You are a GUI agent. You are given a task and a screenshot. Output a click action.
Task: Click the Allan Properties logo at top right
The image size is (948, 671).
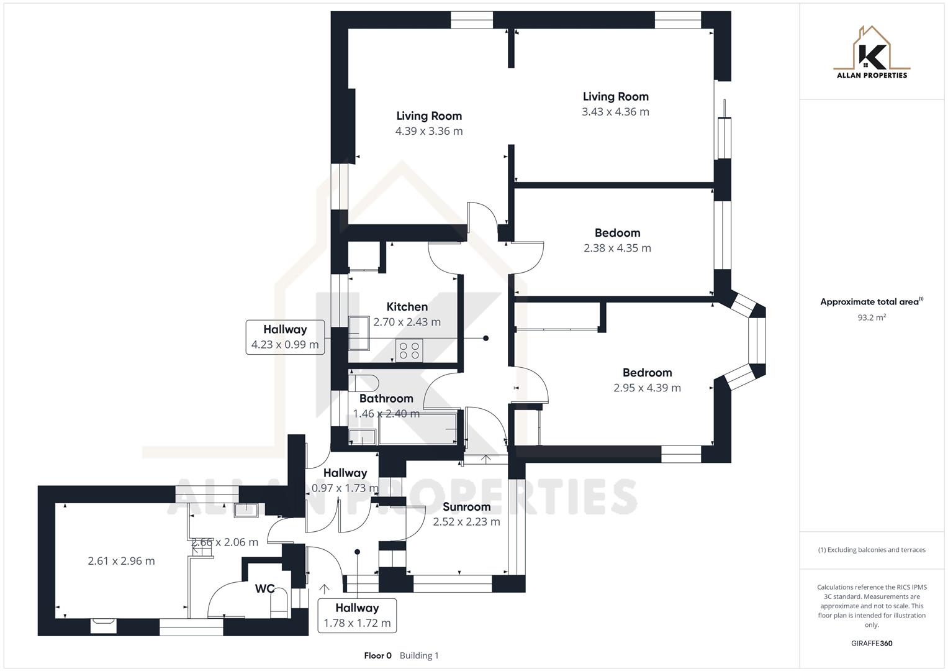point(872,53)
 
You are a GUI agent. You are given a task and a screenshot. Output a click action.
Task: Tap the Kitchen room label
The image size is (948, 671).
point(407,307)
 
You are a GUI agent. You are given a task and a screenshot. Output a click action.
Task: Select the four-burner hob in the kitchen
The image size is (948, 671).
point(409,350)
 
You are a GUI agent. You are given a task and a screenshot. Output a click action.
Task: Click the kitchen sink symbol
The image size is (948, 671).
point(359,334)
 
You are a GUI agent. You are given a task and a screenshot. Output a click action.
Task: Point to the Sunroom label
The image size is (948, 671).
point(466,507)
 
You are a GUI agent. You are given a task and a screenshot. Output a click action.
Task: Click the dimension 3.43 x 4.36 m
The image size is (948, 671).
point(615,112)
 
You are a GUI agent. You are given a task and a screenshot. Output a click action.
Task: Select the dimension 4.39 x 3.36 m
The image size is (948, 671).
point(429,131)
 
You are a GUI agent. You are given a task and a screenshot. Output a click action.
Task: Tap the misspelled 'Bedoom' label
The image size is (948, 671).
point(617,233)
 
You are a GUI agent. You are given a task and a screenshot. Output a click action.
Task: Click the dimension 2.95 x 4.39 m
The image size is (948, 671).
point(647,388)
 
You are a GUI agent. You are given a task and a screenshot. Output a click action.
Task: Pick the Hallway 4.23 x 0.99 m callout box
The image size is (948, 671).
point(285,337)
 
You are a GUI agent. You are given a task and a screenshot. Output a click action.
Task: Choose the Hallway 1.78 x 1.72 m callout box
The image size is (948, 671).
point(357,615)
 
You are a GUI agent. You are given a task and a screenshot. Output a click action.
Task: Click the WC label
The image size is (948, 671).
point(264,588)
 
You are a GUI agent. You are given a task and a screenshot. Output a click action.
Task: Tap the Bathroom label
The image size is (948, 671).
point(386,399)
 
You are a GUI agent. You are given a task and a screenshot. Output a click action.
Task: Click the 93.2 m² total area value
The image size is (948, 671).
point(872,317)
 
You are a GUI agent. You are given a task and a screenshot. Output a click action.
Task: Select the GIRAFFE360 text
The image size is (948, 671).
point(872,644)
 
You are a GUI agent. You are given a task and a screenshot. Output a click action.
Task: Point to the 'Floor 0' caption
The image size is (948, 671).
point(377,655)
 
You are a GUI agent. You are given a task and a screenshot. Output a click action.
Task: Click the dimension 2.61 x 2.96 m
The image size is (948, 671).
point(121,561)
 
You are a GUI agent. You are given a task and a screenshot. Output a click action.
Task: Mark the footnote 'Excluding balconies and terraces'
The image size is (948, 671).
point(872,550)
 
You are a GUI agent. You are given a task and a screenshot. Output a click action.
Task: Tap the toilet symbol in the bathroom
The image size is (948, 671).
point(364,382)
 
